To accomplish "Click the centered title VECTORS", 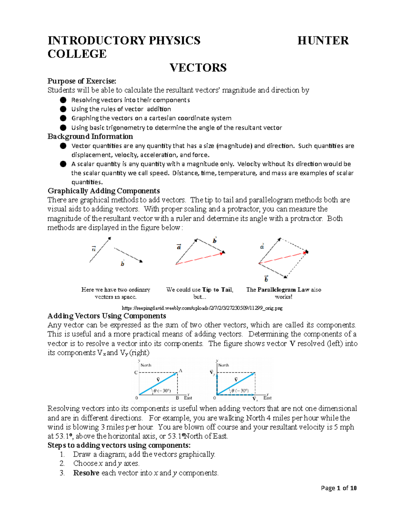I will point(198,68).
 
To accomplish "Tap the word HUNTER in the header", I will point(323,41).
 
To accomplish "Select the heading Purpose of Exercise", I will point(82,81).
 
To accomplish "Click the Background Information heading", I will point(90,137).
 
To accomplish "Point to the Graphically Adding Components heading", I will point(104,191).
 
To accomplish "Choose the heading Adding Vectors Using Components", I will point(107,316).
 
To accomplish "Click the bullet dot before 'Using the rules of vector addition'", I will point(63,109).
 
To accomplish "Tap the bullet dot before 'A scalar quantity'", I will point(63,164).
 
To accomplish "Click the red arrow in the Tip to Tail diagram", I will point(199,258).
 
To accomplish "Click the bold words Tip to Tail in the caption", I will point(217,290).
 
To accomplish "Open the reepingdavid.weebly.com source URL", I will point(202,308).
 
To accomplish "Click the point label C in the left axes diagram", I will point(136,373).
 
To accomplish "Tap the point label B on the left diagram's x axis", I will point(177,398).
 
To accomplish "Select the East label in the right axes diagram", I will point(267,398).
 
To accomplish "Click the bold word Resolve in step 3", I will point(86,473).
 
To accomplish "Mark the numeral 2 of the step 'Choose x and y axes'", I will point(62,463).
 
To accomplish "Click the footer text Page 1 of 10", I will point(339,488).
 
